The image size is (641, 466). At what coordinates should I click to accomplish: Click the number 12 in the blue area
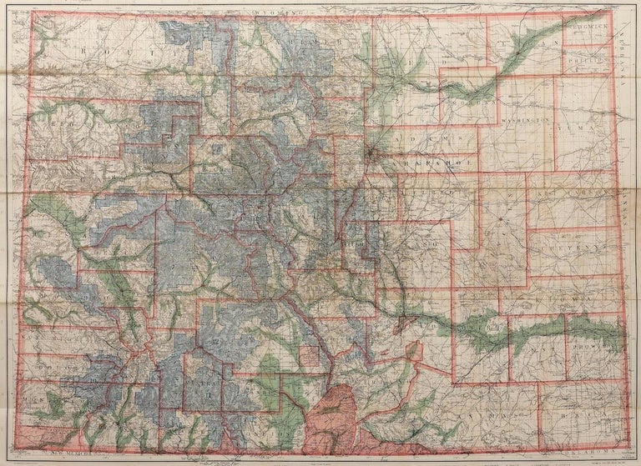(216, 341)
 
